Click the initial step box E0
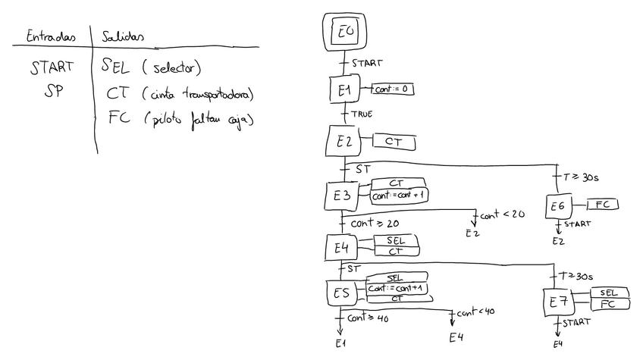[x=344, y=32]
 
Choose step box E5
[x=341, y=293]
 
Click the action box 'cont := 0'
[x=392, y=89]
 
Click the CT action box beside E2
[x=394, y=142]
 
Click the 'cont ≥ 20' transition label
[x=374, y=224]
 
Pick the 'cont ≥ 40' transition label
[x=369, y=319]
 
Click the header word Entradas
[x=51, y=35]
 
